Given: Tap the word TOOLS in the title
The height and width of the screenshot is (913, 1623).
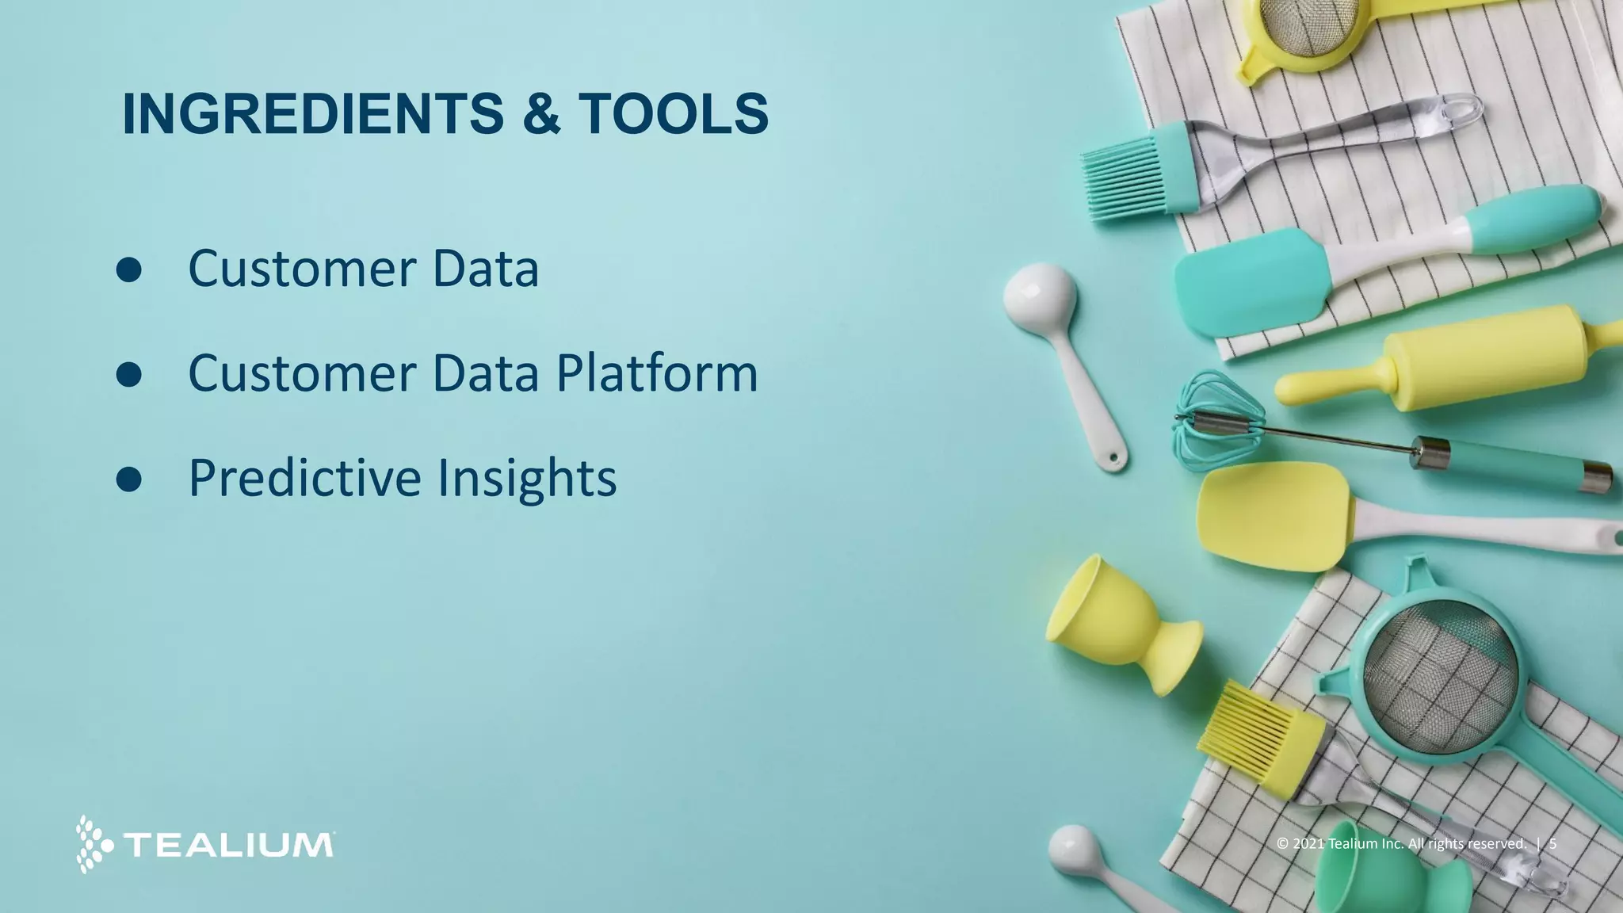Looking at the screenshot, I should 674,114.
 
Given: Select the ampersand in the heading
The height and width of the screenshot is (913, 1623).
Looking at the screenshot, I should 541,114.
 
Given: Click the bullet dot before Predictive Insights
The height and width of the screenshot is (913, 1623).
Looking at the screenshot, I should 128,479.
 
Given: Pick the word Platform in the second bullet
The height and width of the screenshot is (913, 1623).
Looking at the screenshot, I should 657,373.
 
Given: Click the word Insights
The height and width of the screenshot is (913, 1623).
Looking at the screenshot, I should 527,478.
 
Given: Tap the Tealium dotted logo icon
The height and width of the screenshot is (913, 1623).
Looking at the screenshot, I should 94,844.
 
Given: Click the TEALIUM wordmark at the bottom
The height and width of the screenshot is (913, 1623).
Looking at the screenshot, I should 229,845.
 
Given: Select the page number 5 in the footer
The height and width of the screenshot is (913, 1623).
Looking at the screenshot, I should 1553,843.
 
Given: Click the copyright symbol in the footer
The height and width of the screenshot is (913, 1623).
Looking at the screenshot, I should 1283,843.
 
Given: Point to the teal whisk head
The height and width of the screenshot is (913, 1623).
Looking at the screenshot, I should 1212,420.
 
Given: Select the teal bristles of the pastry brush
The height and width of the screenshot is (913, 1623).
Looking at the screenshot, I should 1121,178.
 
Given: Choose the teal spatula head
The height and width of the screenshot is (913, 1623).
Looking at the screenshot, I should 1248,281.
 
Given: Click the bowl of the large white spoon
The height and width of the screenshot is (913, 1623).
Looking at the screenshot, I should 1040,293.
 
